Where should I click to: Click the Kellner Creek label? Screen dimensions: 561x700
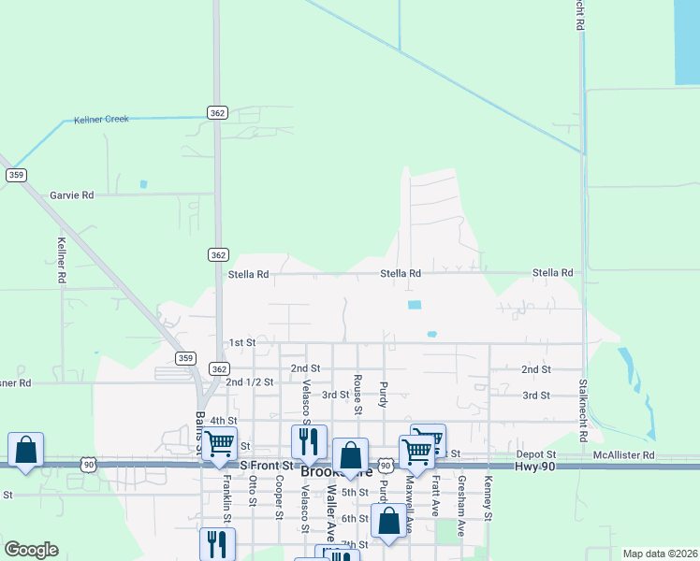[95, 120]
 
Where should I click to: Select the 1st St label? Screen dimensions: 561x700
[242, 343]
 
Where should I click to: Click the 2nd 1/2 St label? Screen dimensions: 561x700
[249, 382]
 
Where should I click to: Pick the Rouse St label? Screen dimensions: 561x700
[357, 395]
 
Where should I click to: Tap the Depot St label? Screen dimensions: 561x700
[535, 454]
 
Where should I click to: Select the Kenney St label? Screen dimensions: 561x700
[489, 498]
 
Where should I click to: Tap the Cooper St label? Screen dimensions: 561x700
[279, 496]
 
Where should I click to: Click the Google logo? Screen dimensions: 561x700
[31, 549]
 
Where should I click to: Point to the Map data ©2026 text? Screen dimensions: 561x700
[659, 554]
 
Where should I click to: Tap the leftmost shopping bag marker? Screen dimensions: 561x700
[26, 450]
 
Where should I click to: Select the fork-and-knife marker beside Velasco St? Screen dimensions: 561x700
[309, 441]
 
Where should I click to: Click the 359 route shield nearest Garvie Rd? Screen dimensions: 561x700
[16, 175]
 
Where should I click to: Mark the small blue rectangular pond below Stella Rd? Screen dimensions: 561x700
[414, 305]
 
